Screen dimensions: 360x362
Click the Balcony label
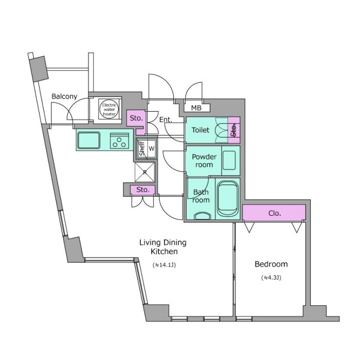[x=64, y=96]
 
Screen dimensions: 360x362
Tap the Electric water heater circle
[x=110, y=109]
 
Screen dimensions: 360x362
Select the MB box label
[x=196, y=108]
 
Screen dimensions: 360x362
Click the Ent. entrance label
[x=166, y=119]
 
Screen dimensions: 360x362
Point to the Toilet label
[x=201, y=130]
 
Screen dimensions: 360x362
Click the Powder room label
[x=204, y=161]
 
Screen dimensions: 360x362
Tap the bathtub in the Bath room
[x=228, y=199]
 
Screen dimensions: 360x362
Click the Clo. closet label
[x=275, y=213]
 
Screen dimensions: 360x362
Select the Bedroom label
[x=271, y=264]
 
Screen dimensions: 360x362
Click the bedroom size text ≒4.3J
[x=271, y=278]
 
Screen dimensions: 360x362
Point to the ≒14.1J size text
[x=164, y=265]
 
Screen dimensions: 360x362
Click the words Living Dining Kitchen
[x=163, y=247]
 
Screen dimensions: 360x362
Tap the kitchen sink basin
[x=89, y=141]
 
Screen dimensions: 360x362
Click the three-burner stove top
[x=119, y=141]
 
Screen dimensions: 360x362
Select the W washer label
[x=152, y=149]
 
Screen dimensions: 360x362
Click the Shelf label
[x=142, y=148]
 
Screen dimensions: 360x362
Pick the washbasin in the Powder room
[x=229, y=160]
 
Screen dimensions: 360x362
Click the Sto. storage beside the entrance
[x=136, y=118]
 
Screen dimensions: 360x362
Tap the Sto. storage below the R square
[x=143, y=190]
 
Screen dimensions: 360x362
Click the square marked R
[x=145, y=172]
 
